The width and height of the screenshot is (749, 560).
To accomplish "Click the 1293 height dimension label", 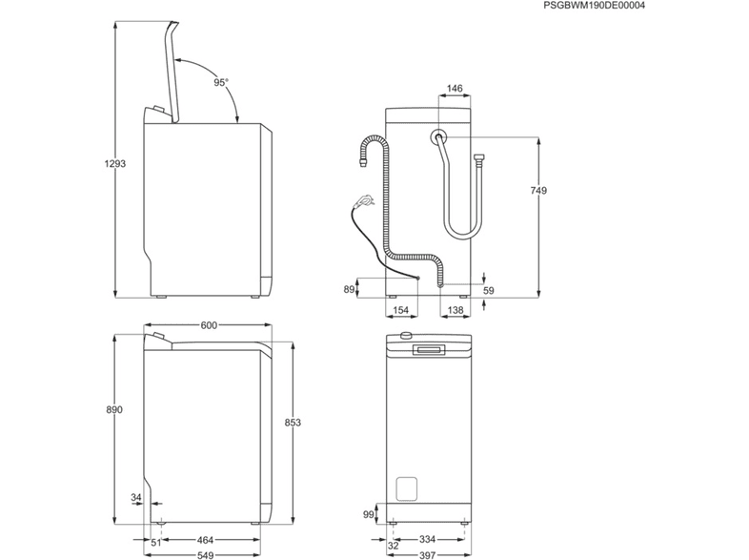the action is tap(114, 163).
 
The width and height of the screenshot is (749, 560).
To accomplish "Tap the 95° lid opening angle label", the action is tap(221, 83).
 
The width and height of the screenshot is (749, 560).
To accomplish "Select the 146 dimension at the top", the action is tap(455, 89).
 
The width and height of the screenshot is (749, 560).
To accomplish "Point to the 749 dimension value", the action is tap(538, 191).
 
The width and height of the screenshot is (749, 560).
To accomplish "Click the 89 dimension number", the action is tap(349, 289).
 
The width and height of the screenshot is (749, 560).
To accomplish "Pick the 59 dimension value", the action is tap(489, 290).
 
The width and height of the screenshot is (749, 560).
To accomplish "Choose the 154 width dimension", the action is tap(401, 310).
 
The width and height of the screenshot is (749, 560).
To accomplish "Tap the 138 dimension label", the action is tap(455, 310).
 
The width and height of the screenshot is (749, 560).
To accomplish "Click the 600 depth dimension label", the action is tap(209, 325).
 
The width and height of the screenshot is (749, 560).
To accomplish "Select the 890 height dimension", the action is tap(114, 410).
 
